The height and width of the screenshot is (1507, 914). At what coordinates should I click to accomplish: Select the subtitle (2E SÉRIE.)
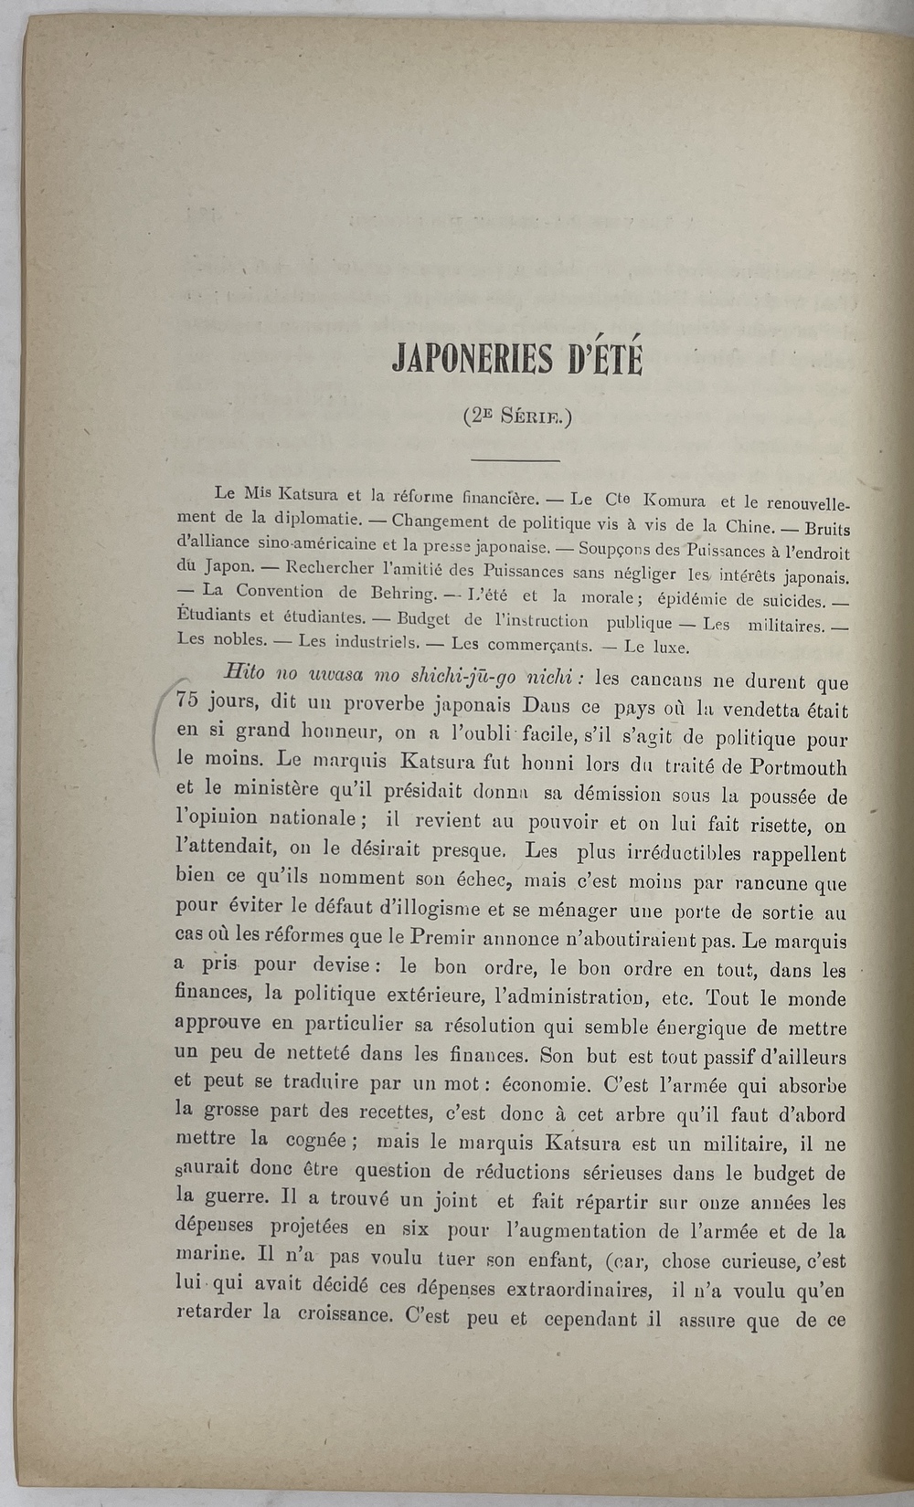click(x=516, y=416)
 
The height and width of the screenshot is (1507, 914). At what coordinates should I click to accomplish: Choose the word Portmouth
click(x=795, y=767)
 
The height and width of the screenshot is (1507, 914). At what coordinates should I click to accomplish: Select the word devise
click(x=340, y=966)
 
